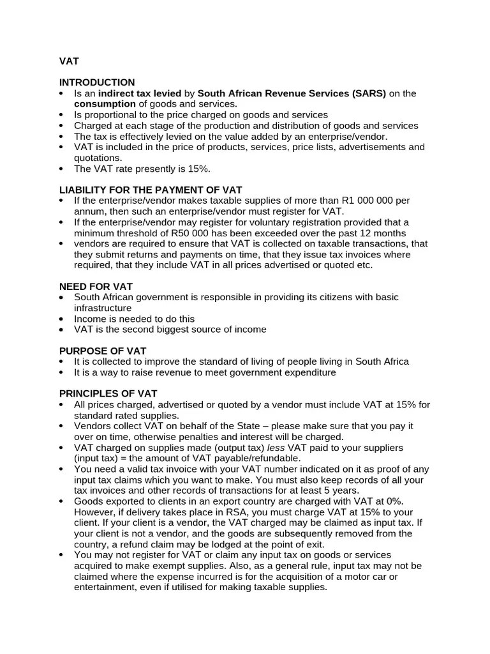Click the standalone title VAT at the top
click(69, 61)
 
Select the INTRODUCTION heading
click(97, 82)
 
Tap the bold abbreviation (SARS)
click(368, 93)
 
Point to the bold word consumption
click(105, 104)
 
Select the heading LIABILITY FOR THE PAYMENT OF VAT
click(151, 190)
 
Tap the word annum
click(89, 211)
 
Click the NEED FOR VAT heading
click(96, 287)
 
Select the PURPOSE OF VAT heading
click(103, 351)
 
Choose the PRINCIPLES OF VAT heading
click(108, 393)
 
